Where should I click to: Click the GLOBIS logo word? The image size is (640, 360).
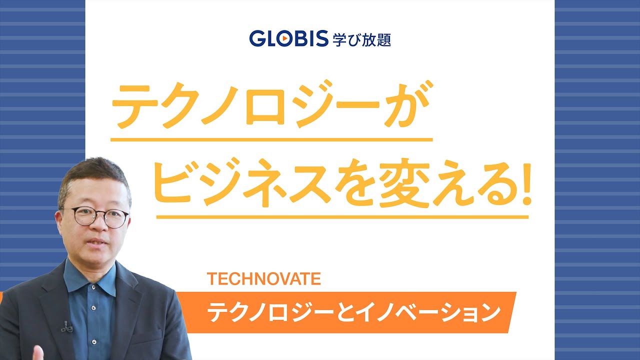click(x=288, y=38)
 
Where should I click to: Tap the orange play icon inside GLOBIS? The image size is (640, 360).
click(x=284, y=38)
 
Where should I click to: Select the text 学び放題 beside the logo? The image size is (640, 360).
click(x=361, y=40)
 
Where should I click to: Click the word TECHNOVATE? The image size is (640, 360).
click(x=263, y=279)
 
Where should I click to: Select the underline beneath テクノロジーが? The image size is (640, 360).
click(x=271, y=139)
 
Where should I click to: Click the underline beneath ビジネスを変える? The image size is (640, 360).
click(x=342, y=217)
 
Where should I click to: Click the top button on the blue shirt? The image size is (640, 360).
click(x=93, y=286)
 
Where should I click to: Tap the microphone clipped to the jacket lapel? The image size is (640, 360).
click(x=66, y=327)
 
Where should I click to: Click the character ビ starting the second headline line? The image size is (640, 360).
click(x=174, y=183)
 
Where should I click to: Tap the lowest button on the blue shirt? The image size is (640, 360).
click(x=93, y=341)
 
